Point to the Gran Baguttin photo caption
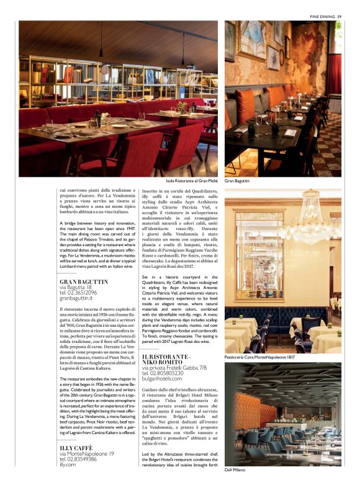tap(237, 180)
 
